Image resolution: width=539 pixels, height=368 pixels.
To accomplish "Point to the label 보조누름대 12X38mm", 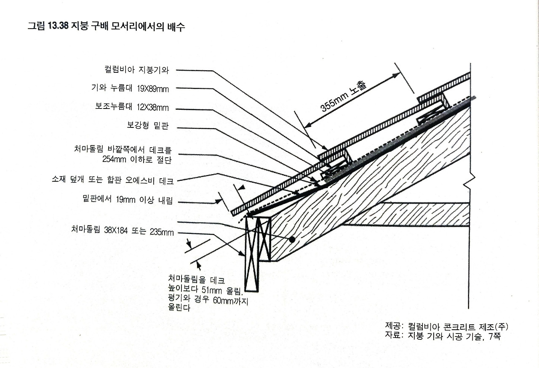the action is (132, 107).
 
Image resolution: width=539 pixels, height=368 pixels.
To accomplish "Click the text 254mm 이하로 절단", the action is (137, 159).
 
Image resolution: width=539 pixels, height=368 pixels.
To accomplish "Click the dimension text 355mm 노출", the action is (344, 96).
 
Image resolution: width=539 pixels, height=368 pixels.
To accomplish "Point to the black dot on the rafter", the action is (291, 239).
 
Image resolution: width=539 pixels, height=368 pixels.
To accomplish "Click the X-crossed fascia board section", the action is (257, 252).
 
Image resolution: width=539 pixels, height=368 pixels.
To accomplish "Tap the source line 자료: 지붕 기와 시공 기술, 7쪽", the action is (443, 336).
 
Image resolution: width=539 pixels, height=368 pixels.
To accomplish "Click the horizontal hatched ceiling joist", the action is (406, 214).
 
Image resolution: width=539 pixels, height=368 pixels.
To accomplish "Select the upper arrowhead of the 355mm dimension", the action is (396, 75).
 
